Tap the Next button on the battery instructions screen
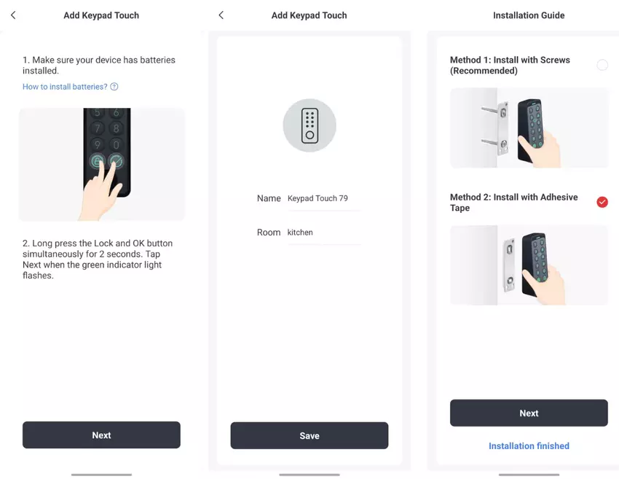[x=101, y=435]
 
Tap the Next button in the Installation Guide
[x=529, y=413]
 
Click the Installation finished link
[x=529, y=446]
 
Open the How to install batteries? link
[x=65, y=87]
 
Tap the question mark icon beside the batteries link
[x=114, y=87]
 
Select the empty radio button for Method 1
[x=602, y=65]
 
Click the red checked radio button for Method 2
[x=602, y=202]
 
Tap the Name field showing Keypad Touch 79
[x=323, y=198]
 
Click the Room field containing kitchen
[x=323, y=233]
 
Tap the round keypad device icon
[x=309, y=125]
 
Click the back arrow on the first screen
[x=13, y=15]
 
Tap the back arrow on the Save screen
[x=221, y=15]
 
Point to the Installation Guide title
[x=529, y=15]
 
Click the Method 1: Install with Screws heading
[x=510, y=65]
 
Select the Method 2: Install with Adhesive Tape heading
[x=513, y=202]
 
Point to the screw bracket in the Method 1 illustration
[x=501, y=128]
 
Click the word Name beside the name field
[x=269, y=198]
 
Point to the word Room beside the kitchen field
[x=269, y=233]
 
